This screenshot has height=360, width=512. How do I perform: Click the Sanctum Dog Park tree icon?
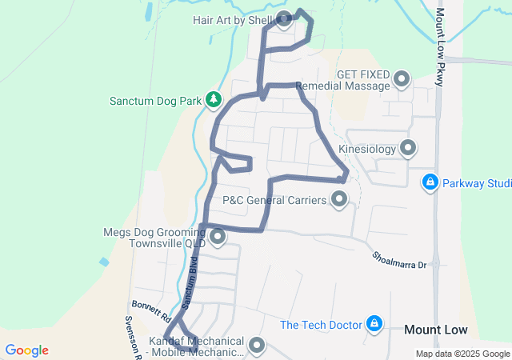tap(214, 99)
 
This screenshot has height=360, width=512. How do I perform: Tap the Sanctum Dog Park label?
tap(155, 101)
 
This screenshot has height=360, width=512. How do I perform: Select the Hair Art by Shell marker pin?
tap(283, 18)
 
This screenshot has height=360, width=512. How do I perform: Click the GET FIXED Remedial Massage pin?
tap(401, 79)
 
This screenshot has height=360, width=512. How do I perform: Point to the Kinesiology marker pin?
tap(408, 148)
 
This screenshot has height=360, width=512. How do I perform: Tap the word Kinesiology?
tap(367, 149)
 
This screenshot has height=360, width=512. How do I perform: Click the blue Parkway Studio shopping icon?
tap(430, 182)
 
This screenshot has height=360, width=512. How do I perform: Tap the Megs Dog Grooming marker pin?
tap(216, 236)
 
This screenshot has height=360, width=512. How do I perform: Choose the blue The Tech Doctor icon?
tap(373, 324)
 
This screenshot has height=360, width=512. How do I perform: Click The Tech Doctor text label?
tap(320, 325)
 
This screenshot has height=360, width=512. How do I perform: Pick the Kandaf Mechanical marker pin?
tap(257, 345)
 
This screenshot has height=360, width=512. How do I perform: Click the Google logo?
tap(26, 350)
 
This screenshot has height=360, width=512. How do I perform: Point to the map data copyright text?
tap(462, 354)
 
